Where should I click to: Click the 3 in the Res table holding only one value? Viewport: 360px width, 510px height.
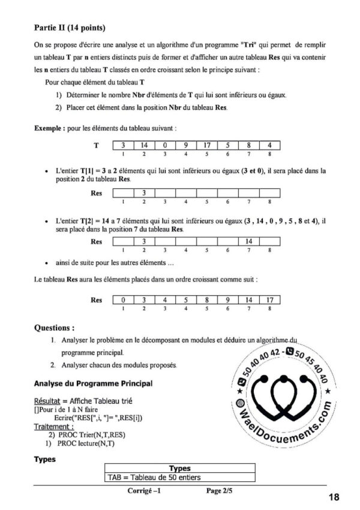coord(144,193)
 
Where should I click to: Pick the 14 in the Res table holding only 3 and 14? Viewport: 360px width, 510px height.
coord(248,241)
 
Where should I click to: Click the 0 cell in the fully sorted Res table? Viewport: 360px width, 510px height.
coord(123,299)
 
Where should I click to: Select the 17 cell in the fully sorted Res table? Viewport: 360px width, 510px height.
coord(270,299)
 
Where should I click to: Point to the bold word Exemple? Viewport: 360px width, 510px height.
coord(49,128)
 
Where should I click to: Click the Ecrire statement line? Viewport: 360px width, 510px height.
coord(101,418)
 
